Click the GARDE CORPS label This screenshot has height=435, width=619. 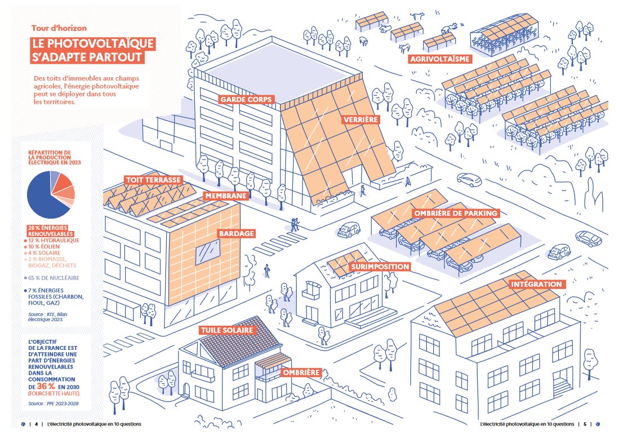246,100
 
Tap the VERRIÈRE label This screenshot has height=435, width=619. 359,119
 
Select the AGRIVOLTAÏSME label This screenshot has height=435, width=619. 440,59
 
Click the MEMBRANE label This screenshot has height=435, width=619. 226,196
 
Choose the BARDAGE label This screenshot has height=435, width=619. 237,233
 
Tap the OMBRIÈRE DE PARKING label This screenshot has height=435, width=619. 456,214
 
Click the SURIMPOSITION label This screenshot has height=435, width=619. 379,266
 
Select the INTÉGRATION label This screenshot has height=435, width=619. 536,285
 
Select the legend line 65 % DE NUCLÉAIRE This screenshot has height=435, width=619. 52,278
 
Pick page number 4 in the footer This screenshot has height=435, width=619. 36,424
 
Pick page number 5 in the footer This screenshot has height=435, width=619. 584,424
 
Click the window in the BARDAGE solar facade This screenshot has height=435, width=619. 207,250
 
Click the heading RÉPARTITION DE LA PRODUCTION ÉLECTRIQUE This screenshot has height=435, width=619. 53,158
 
